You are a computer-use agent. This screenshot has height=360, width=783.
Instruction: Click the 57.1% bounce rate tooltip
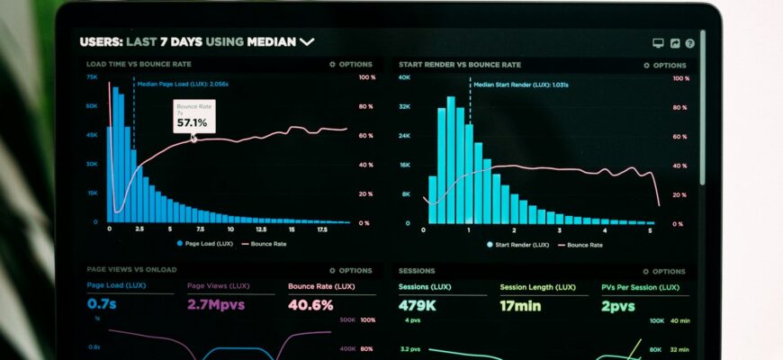pyautogui.click(x=193, y=118)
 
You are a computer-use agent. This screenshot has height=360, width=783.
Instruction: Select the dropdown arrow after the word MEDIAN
pyautogui.click(x=307, y=41)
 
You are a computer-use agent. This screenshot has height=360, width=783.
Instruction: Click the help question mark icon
pyautogui.click(x=689, y=42)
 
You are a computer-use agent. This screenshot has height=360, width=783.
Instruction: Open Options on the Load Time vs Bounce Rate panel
pyautogui.click(x=351, y=65)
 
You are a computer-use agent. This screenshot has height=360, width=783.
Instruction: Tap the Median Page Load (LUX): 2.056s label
pyautogui.click(x=183, y=84)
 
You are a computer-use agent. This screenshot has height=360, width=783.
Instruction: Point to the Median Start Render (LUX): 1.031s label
pyautogui.click(x=520, y=84)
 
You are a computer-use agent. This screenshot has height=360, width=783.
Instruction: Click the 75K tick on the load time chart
pyautogui.click(x=92, y=77)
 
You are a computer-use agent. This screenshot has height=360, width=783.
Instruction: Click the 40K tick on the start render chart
pyautogui.click(x=404, y=77)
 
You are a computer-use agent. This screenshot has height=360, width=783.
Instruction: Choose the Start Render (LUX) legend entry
pyautogui.click(x=517, y=244)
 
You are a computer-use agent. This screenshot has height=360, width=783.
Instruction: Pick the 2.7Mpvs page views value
pyautogui.click(x=216, y=304)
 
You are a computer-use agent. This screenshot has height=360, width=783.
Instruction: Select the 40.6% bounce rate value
pyautogui.click(x=310, y=304)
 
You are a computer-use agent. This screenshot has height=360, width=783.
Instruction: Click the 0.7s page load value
pyautogui.click(x=103, y=304)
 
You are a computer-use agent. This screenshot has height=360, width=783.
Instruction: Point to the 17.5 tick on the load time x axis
pyautogui.click(x=322, y=229)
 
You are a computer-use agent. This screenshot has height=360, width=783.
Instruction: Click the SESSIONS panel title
pyautogui.click(x=417, y=270)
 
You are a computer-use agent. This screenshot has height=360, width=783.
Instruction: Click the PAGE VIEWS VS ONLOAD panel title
pyautogui.click(x=131, y=270)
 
